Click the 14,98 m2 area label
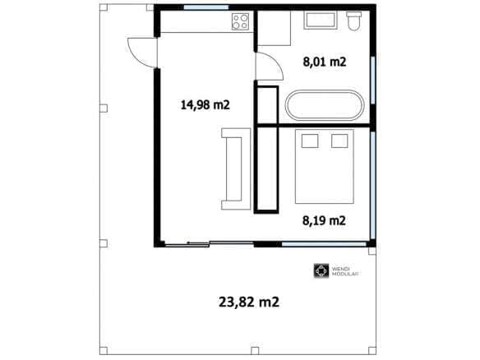(x=205, y=105)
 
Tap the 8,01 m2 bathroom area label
(x=325, y=62)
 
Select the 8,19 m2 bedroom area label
(x=324, y=220)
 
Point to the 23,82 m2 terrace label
(x=249, y=302)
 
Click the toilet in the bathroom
(x=354, y=21)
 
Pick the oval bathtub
(x=325, y=105)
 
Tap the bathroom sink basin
(x=321, y=21)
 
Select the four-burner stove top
(x=240, y=21)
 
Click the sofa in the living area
(x=236, y=169)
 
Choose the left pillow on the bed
(x=310, y=141)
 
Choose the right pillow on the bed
(x=339, y=141)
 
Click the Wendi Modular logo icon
(x=321, y=271)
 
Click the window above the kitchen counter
(x=206, y=7)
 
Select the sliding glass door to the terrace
(x=210, y=243)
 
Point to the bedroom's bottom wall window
(x=324, y=244)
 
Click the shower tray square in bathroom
(x=274, y=28)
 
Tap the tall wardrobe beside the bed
(x=266, y=169)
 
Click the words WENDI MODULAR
(x=345, y=271)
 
